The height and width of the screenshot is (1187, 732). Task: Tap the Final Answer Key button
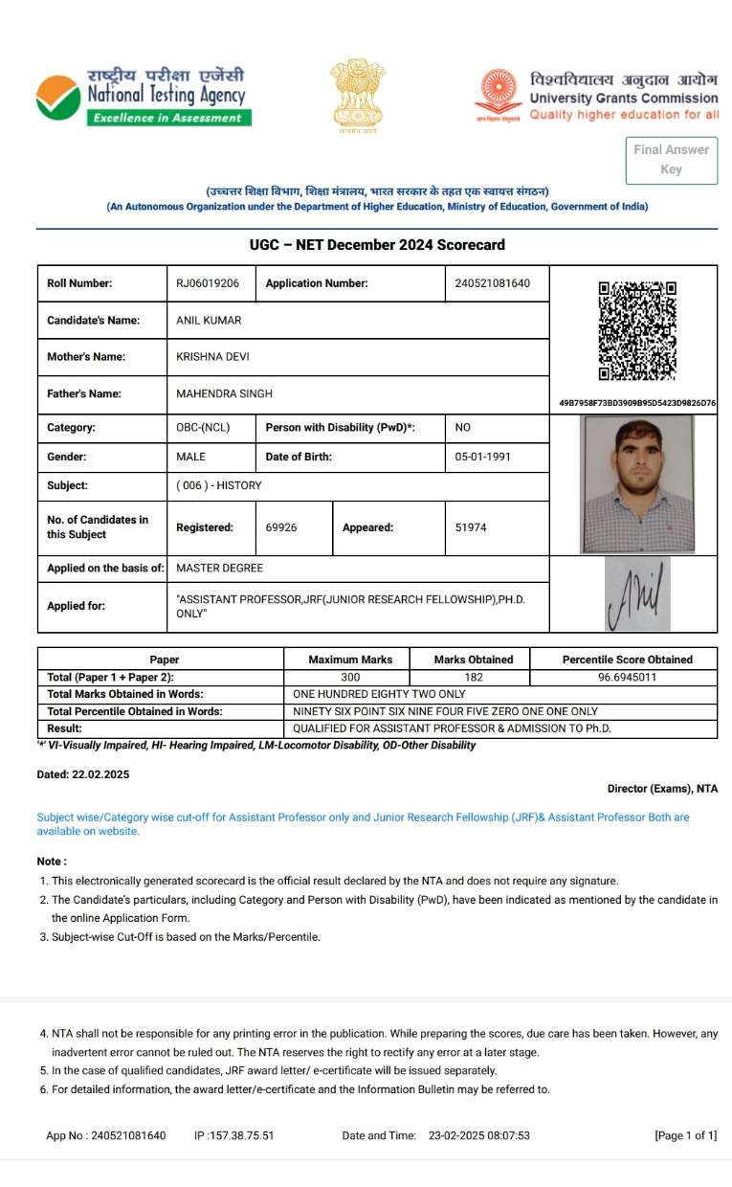tap(671, 159)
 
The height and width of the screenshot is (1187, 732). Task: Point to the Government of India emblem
tap(357, 96)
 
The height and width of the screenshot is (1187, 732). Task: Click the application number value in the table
tap(493, 283)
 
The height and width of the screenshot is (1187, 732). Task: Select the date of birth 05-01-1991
tap(483, 457)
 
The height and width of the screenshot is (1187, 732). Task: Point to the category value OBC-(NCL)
tap(203, 428)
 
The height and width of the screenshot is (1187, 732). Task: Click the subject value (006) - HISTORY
tap(219, 485)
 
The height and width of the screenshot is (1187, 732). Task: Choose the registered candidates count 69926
tap(281, 527)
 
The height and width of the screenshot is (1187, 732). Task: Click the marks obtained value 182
tap(473, 677)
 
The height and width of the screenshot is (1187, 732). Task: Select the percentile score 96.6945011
tap(627, 677)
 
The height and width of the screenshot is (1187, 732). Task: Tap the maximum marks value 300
tap(350, 677)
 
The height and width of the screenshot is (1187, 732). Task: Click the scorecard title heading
tap(376, 245)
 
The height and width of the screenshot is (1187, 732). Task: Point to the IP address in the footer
tap(234, 1135)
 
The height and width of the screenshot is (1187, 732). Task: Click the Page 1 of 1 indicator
tap(685, 1135)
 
